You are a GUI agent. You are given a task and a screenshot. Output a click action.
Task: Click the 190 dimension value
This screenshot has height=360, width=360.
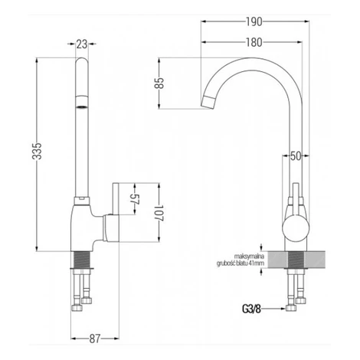point(254,22)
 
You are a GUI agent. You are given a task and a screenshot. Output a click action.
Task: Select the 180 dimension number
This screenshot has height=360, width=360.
point(254,42)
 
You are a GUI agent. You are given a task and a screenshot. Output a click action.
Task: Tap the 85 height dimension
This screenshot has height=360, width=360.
point(159,83)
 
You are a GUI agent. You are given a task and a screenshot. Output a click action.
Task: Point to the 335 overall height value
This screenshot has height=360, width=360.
point(37,152)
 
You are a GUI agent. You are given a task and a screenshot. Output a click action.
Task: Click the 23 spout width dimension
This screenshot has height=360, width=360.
point(82,44)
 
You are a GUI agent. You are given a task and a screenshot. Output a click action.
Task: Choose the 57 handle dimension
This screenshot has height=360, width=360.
point(134,199)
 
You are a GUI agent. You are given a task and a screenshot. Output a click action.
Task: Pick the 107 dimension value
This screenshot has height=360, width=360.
point(159,213)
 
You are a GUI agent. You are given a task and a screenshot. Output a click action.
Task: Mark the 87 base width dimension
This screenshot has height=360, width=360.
point(95,339)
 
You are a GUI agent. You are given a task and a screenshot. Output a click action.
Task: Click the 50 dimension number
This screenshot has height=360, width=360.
point(296,155)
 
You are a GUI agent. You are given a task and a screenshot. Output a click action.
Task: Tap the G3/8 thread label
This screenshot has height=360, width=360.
point(251,309)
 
